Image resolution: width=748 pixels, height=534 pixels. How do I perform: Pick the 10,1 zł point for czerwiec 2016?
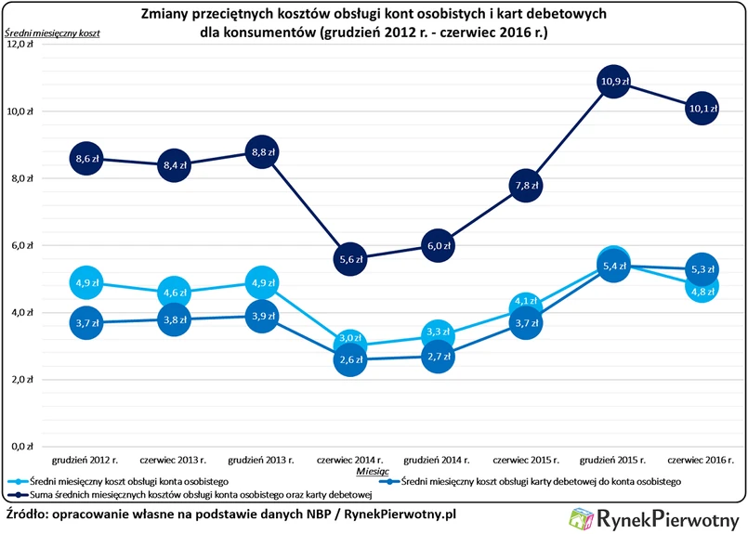point(701,110)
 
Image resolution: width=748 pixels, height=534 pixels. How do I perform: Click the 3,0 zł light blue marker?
point(348,340)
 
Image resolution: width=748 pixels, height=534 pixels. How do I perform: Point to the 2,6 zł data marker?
point(348,360)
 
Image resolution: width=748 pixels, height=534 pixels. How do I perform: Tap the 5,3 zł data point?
point(701,270)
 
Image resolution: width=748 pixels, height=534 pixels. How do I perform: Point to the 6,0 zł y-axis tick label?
point(20,245)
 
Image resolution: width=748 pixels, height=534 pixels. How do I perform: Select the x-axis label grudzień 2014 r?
point(437,459)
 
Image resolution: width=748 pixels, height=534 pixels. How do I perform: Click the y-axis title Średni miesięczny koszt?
point(52,33)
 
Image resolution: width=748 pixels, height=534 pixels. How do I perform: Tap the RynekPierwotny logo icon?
point(582,518)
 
